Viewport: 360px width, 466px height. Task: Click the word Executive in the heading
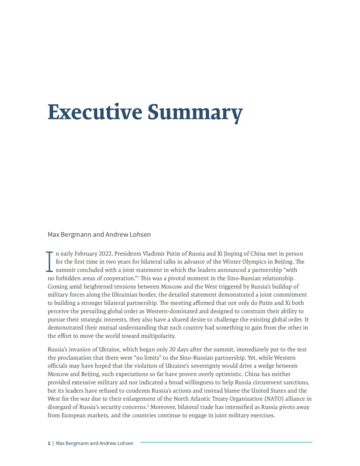[x=95, y=112]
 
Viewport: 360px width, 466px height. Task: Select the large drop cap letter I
[x=49, y=261]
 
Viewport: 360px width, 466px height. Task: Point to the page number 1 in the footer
[x=49, y=443]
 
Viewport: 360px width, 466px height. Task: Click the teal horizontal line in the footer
[x=226, y=442]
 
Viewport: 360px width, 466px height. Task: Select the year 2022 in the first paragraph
[x=106, y=254]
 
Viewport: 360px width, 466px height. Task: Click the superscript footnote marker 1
[x=138, y=277]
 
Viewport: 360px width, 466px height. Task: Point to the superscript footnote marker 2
[x=148, y=406]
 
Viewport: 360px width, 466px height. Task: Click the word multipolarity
[x=158, y=336]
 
